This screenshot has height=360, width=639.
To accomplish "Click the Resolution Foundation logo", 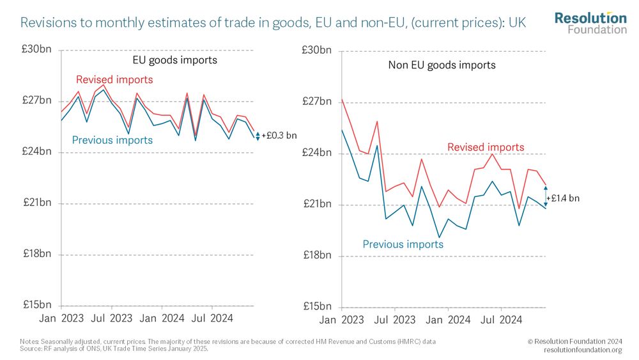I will coord(590,22).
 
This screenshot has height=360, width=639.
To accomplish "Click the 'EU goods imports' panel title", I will coord(174,60).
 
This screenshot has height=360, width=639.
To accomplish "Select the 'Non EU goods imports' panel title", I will coord(442,65).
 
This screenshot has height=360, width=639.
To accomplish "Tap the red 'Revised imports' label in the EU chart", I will coord(114,80).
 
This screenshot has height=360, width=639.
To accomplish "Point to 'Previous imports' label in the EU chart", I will coord(112,140).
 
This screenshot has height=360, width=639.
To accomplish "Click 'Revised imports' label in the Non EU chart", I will coord(486,147).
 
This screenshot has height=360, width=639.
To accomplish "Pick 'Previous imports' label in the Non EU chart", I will coord(403,244).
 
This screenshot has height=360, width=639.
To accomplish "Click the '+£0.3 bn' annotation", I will coord(279,136).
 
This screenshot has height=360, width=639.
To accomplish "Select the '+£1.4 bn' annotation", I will coord(563,198).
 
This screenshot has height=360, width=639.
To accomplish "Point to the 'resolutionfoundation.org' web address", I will coord(583,349).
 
